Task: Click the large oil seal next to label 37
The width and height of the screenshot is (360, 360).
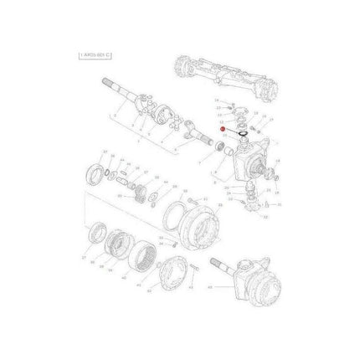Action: (x=96, y=176)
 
